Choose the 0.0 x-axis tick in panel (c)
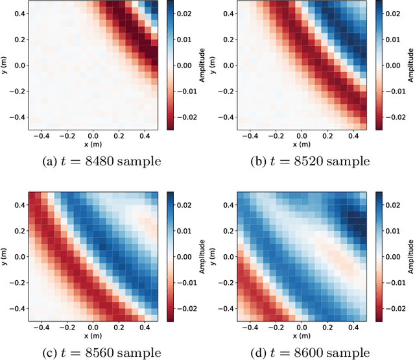coord(93,328)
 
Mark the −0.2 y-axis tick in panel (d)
coord(224,283)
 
